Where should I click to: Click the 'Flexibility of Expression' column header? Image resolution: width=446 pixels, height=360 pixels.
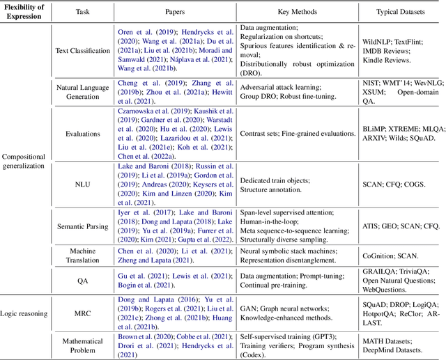click(x=26, y=12)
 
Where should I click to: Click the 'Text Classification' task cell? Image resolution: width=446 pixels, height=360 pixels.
click(x=83, y=51)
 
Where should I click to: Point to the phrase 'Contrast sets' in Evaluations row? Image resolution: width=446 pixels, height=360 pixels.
click(x=261, y=134)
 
